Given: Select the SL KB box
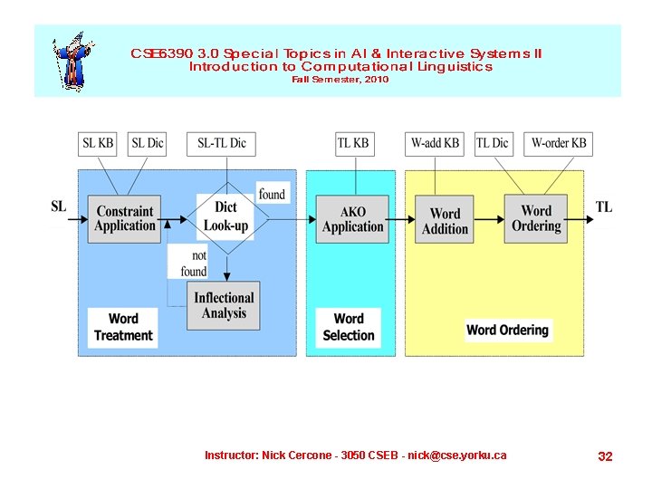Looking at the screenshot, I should pyautogui.click(x=99, y=143).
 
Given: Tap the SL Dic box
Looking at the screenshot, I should pyautogui.click(x=148, y=143).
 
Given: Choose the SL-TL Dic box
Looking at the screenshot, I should pyautogui.click(x=222, y=143).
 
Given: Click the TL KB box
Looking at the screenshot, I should pyautogui.click(x=353, y=143).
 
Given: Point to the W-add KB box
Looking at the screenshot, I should pyautogui.click(x=435, y=143).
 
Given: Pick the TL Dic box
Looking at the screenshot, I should pyautogui.click(x=493, y=143).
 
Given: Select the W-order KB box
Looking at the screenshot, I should pyautogui.click(x=558, y=143).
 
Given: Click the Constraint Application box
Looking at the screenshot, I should pyautogui.click(x=125, y=218).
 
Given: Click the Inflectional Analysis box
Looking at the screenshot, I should pyautogui.click(x=224, y=305).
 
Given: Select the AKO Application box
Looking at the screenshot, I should pyautogui.click(x=353, y=218).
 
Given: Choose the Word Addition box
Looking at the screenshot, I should pyautogui.click(x=445, y=220).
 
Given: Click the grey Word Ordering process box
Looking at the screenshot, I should pyautogui.click(x=536, y=218).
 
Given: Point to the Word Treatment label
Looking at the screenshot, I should pyautogui.click(x=123, y=327).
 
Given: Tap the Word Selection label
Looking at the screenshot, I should pyautogui.click(x=349, y=327).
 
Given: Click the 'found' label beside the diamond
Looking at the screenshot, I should pyautogui.click(x=272, y=194).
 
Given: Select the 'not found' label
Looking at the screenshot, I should pyautogui.click(x=193, y=264).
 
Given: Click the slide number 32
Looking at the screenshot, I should pyautogui.click(x=605, y=456).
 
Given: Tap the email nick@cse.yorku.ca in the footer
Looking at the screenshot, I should pyautogui.click(x=456, y=455).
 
